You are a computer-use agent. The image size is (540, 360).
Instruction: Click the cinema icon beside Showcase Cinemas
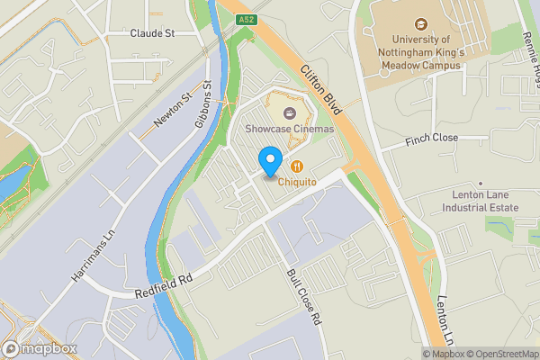[290, 113]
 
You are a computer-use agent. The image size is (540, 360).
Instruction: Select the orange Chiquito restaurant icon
[297, 166]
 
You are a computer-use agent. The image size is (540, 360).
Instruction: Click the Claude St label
[150, 33]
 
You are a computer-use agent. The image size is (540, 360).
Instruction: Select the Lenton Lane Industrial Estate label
[480, 201]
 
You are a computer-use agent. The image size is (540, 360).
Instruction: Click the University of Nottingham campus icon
[420, 24]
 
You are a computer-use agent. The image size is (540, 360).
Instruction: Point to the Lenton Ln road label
[445, 320]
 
